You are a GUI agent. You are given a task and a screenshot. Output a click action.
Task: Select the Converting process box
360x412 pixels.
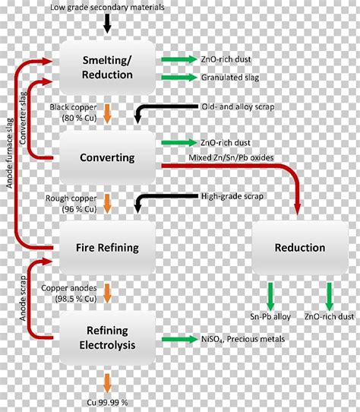(108, 157)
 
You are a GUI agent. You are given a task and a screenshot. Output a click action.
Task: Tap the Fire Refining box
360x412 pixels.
(108, 247)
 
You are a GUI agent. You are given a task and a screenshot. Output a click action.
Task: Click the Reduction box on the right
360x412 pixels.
(299, 247)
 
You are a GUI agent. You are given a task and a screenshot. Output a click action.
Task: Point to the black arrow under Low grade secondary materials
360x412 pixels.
(108, 23)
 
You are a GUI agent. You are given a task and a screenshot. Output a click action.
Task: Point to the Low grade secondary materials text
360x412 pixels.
(108, 7)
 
